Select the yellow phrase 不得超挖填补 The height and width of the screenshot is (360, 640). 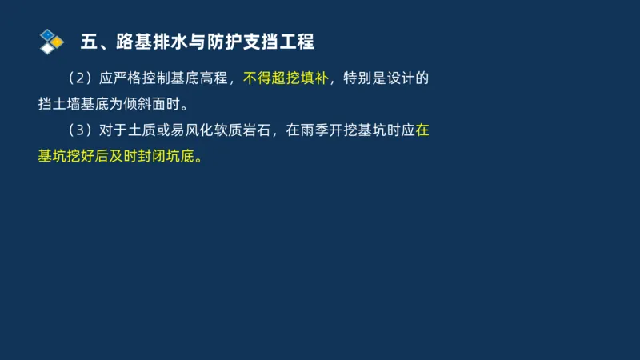coord(286,78)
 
